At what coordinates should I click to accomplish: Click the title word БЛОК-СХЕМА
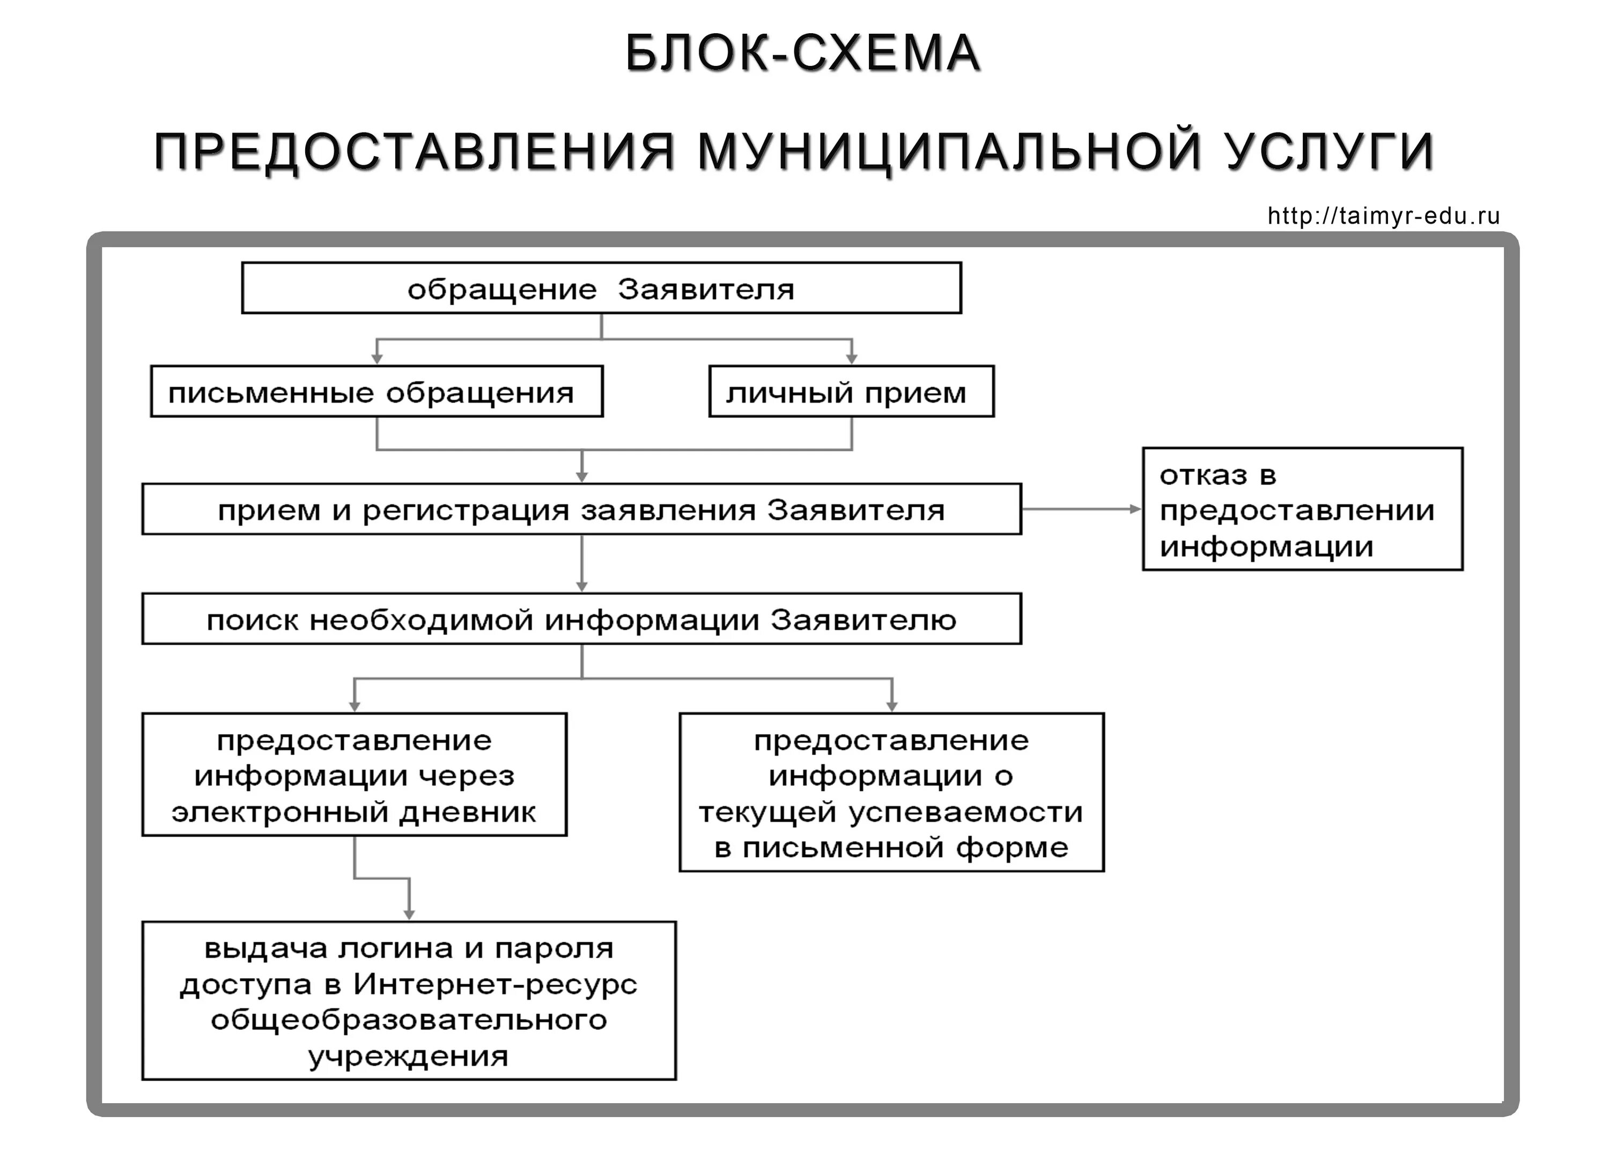pos(803,53)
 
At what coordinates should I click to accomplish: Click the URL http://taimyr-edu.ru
pos(1384,216)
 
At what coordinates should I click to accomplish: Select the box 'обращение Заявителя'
pos(601,288)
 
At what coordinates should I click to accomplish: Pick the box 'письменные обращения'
pos(377,392)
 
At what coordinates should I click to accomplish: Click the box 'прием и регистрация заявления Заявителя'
pos(581,509)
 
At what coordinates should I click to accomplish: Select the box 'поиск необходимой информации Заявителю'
pos(581,619)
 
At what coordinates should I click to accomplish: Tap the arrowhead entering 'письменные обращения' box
pos(377,359)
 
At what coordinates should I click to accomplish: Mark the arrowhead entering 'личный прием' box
pos(852,359)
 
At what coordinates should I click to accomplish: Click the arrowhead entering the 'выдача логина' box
pos(409,915)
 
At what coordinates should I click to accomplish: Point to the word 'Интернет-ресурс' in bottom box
pos(495,985)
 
